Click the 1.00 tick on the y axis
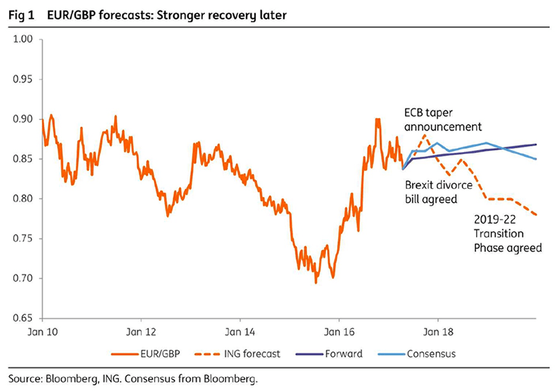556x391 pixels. tap(23, 39)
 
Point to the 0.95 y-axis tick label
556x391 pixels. tap(23, 79)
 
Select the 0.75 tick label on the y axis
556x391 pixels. tap(23, 239)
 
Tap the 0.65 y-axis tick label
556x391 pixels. tap(23, 319)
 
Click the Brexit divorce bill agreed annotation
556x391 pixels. tap(439, 192)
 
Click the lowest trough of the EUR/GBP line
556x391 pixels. tap(316, 282)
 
